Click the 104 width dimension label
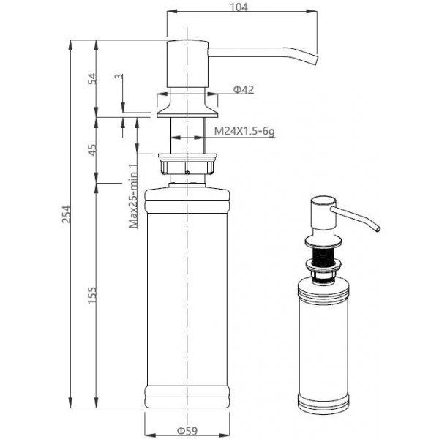click(x=239, y=7)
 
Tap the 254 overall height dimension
click(x=67, y=214)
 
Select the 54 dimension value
click(x=93, y=79)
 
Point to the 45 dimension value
click(x=93, y=149)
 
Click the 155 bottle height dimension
click(x=92, y=295)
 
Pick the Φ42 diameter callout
click(x=244, y=89)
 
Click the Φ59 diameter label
click(x=187, y=431)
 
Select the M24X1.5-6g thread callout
click(x=244, y=131)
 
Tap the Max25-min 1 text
click(x=133, y=196)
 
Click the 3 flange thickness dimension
click(x=119, y=76)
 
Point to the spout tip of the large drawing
click(x=317, y=60)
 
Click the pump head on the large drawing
click(x=187, y=64)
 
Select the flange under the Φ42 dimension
click(x=187, y=105)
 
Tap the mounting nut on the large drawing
click(x=187, y=164)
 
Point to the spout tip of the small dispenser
click(x=378, y=229)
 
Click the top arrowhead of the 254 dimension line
click(x=70, y=45)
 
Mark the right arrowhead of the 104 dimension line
click(x=312, y=12)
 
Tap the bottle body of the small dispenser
click(x=323, y=346)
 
